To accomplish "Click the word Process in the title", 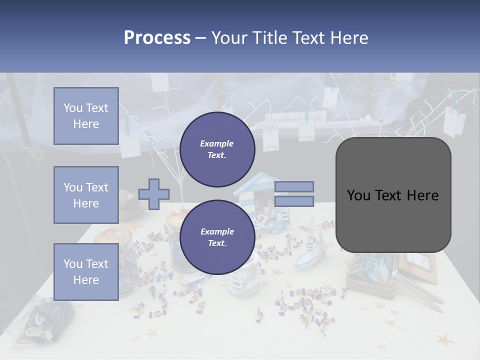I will click(157, 38).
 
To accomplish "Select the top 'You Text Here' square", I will click(86, 116).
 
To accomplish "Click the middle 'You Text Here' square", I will click(86, 195).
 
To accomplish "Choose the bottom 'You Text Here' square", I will click(86, 271).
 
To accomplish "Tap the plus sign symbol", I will click(154, 194).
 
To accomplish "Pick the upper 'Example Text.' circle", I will click(217, 149).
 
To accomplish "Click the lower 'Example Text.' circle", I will click(217, 237).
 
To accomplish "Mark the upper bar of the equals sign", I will click(294, 186).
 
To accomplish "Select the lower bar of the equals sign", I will click(294, 201).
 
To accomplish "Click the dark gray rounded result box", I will click(393, 195).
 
